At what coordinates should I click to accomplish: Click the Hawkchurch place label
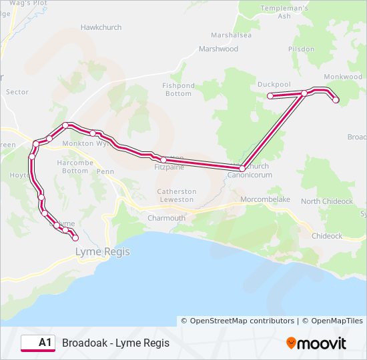(98, 27)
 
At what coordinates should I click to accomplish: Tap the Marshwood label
(218, 49)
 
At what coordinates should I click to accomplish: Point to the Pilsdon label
(301, 49)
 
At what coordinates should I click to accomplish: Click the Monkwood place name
(342, 77)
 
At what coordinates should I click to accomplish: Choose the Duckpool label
(274, 85)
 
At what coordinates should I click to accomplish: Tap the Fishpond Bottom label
(177, 89)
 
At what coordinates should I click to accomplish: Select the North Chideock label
(327, 201)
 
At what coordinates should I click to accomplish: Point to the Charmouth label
(166, 218)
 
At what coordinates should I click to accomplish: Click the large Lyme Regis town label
(103, 252)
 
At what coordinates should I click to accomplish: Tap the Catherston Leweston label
(177, 195)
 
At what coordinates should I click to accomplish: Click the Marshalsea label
(230, 35)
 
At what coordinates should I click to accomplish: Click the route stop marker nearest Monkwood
(336, 100)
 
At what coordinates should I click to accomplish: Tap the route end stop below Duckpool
(270, 96)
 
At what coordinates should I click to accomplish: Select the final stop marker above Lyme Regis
(75, 237)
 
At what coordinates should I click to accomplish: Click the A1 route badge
(38, 343)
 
